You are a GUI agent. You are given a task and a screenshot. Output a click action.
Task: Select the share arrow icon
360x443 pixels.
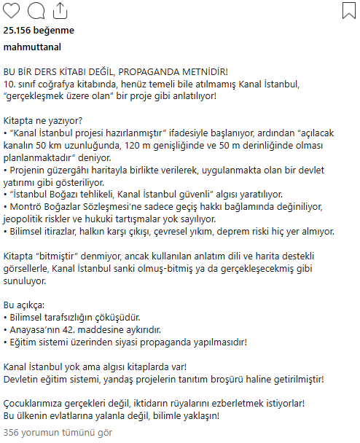[61, 10]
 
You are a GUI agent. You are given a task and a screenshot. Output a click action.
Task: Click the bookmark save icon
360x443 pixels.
[348, 10]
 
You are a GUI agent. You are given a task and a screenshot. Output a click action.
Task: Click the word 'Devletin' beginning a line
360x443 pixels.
[23, 379]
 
